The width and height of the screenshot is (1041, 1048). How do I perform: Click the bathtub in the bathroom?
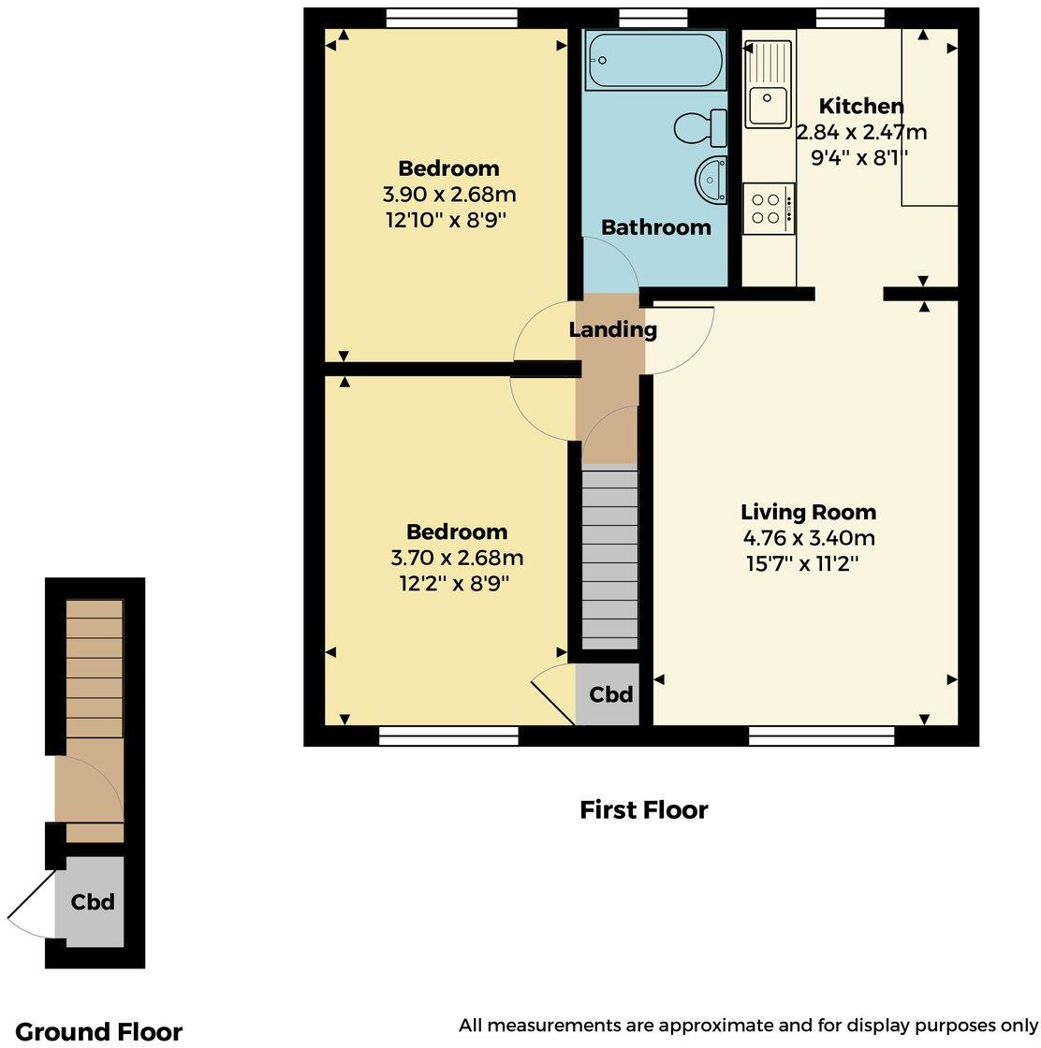(654, 60)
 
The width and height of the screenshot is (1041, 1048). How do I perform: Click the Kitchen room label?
(861, 106)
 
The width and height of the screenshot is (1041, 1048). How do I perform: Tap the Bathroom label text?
(655, 227)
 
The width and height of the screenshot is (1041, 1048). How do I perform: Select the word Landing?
(612, 329)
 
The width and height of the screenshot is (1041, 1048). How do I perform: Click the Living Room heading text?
(808, 512)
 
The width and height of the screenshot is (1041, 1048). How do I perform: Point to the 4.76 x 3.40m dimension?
(808, 538)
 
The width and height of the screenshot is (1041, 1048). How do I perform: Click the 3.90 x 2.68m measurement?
(449, 195)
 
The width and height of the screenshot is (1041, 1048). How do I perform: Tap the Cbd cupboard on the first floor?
(609, 694)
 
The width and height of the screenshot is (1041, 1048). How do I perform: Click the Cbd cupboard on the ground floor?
(93, 902)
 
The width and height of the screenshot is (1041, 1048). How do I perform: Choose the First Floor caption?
(643, 809)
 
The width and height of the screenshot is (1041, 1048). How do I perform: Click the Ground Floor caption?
(99, 1031)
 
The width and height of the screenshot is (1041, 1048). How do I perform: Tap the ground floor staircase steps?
(94, 668)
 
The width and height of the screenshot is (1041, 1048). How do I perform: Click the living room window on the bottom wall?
(821, 737)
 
